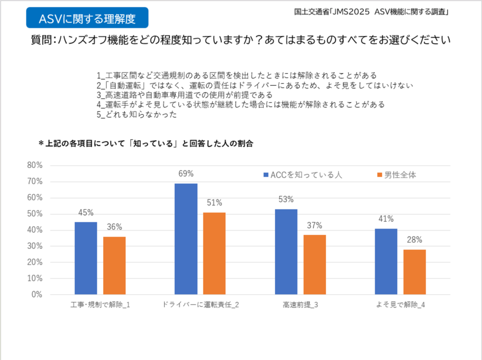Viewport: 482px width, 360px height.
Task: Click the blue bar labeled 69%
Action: click(186, 239)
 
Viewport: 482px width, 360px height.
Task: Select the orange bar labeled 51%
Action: click(214, 253)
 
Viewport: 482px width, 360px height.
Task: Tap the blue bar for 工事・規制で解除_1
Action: click(86, 258)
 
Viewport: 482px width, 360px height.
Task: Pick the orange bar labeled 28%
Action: click(415, 272)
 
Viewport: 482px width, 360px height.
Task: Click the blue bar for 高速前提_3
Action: click(286, 252)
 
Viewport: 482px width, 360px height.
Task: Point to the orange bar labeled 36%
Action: click(114, 265)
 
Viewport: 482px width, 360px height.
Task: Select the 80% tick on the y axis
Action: click(34, 165)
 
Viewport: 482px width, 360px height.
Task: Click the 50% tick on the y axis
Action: click(34, 214)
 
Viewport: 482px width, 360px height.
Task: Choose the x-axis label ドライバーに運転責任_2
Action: click(200, 305)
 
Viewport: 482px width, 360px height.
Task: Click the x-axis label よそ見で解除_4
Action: click(401, 305)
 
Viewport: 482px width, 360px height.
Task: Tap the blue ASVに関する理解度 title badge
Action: click(87, 18)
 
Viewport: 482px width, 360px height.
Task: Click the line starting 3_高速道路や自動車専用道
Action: click(184, 95)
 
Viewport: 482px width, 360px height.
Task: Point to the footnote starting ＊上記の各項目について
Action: click(146, 144)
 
